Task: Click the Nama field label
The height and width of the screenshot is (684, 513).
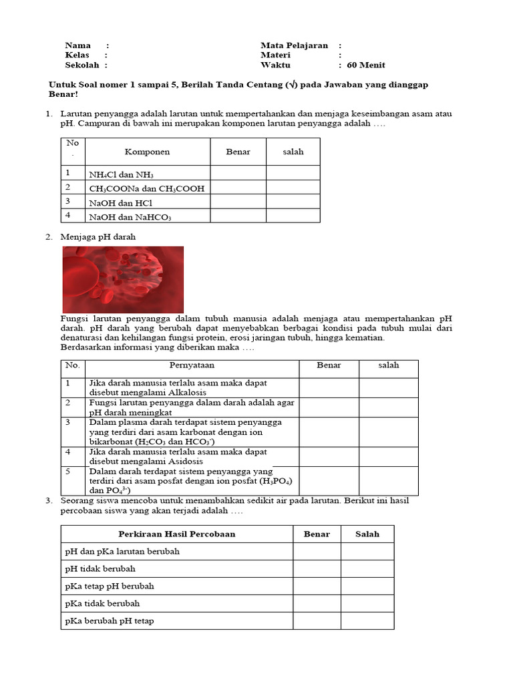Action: pyautogui.click(x=77, y=45)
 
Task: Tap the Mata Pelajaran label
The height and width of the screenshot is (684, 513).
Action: pyautogui.click(x=294, y=45)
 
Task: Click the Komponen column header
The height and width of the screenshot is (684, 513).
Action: pyautogui.click(x=147, y=152)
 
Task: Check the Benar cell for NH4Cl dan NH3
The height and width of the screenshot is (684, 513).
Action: pyautogui.click(x=238, y=174)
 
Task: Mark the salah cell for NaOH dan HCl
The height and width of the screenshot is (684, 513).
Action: pyautogui.click(x=293, y=202)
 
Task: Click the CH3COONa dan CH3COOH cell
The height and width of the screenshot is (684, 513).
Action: pyautogui.click(x=146, y=188)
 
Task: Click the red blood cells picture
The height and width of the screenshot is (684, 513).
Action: pyautogui.click(x=123, y=279)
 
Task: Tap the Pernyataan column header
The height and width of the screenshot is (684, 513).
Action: pyautogui.click(x=192, y=365)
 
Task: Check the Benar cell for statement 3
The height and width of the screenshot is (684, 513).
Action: pyautogui.click(x=329, y=432)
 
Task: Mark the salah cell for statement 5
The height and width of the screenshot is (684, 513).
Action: pyautogui.click(x=388, y=481)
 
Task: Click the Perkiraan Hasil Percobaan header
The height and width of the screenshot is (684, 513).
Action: pyautogui.click(x=177, y=534)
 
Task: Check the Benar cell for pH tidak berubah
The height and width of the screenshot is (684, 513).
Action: pyautogui.click(x=317, y=568)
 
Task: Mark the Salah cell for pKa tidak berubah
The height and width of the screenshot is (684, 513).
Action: pyautogui.click(x=367, y=603)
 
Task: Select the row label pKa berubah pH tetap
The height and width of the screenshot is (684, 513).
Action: pyautogui.click(x=110, y=621)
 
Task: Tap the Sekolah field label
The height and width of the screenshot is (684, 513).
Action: pyautogui.click(x=81, y=65)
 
